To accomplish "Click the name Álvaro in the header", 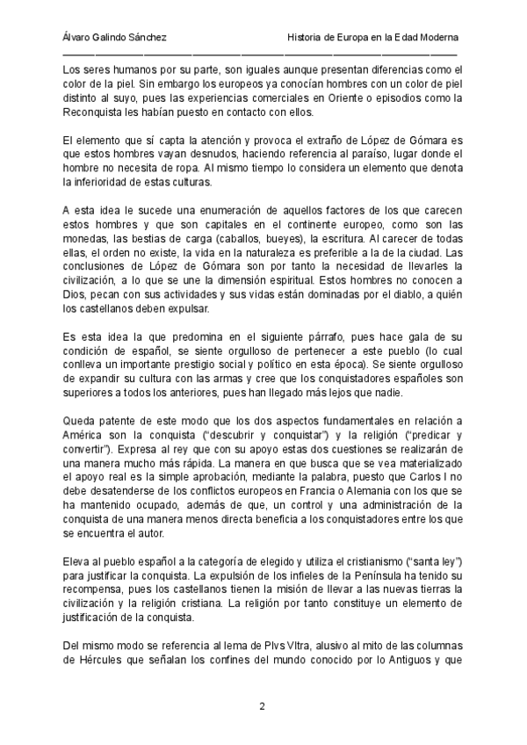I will [79, 39].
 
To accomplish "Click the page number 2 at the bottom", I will [262, 705].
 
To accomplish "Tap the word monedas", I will [87, 240].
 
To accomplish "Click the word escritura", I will [382, 240].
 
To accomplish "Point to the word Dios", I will [77, 297].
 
